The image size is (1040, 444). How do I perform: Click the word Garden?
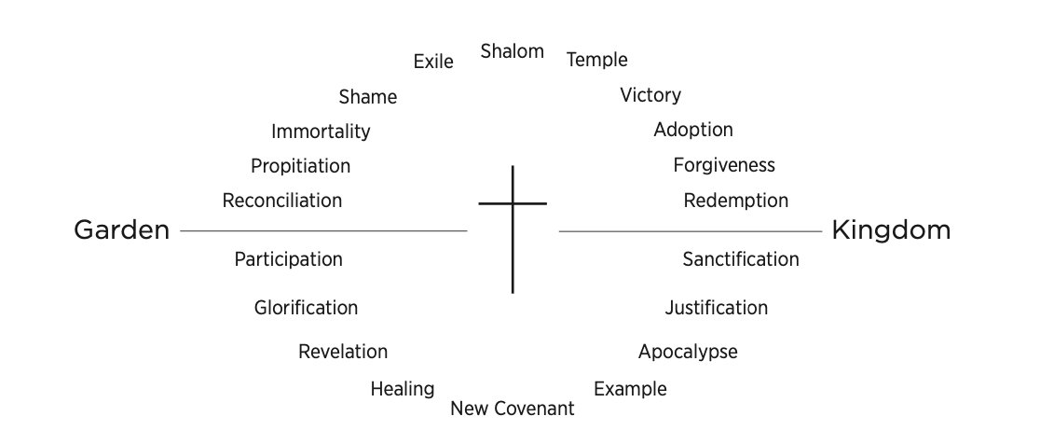(x=121, y=230)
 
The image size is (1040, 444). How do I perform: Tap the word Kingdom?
(x=891, y=230)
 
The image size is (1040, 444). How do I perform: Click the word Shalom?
(x=513, y=51)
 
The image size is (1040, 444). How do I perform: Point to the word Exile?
(x=433, y=62)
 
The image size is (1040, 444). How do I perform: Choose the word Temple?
(x=597, y=60)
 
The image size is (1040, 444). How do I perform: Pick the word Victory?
(x=650, y=95)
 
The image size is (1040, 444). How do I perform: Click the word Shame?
(x=368, y=97)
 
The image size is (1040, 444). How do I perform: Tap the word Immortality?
(x=321, y=132)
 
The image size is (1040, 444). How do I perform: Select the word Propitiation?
(x=301, y=166)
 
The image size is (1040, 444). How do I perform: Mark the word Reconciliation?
(x=282, y=201)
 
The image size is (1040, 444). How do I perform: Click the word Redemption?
(x=736, y=201)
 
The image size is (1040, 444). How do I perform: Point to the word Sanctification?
(x=741, y=259)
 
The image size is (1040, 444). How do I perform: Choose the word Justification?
(x=717, y=308)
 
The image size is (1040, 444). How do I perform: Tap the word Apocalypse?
(x=688, y=352)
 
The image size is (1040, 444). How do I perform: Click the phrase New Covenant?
(x=513, y=409)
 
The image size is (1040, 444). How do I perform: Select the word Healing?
(x=403, y=389)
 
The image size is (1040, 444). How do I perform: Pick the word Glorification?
(x=306, y=308)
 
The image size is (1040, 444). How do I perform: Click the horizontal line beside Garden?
(x=323, y=230)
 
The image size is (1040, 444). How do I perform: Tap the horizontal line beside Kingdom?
(x=690, y=230)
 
